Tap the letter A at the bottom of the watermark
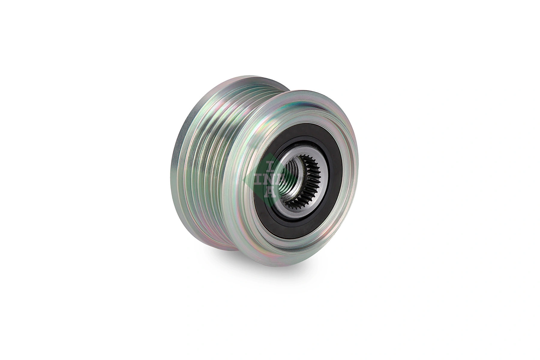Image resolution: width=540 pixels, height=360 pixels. [x=270, y=192]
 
